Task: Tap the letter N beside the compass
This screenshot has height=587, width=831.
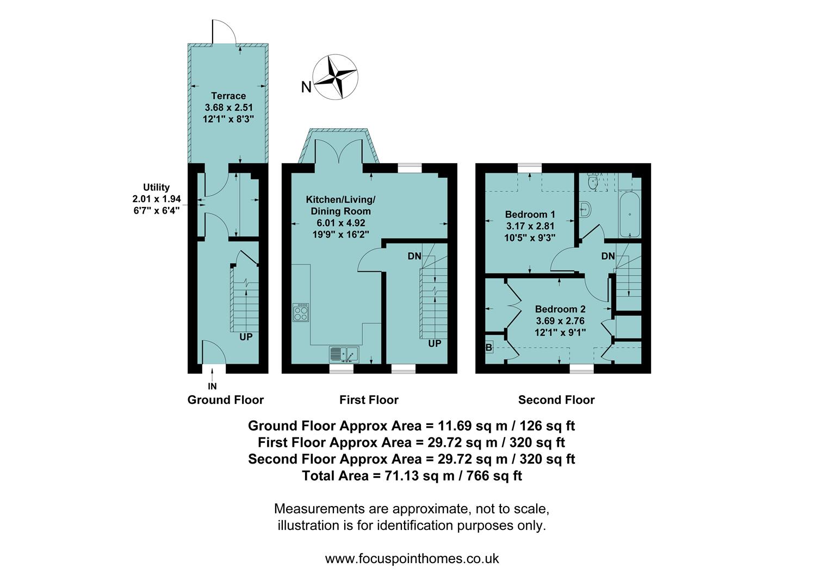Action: (x=306, y=87)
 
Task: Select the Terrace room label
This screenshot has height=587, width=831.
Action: (x=228, y=96)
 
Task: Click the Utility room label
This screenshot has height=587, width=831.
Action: (x=156, y=187)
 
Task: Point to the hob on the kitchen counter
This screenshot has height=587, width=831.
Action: (x=301, y=312)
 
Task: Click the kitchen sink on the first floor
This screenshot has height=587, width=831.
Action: (x=344, y=354)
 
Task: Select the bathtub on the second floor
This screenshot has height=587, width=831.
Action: (x=630, y=214)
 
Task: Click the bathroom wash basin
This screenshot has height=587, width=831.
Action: (x=584, y=209)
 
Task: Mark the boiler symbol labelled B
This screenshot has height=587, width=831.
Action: (x=489, y=347)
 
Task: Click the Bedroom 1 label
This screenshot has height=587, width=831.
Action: (x=530, y=214)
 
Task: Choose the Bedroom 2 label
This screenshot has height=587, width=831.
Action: (x=560, y=309)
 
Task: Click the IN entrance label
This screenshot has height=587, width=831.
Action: (x=212, y=386)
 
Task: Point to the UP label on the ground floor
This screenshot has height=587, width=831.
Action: (x=246, y=337)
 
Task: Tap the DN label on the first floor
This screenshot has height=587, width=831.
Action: (x=414, y=256)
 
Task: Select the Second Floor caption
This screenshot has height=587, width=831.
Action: (x=556, y=400)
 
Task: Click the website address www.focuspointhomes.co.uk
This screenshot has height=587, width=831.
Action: (x=412, y=559)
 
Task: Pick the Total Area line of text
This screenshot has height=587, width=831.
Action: (x=412, y=476)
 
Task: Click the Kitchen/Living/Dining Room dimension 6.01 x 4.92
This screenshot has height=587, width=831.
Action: (x=340, y=223)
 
